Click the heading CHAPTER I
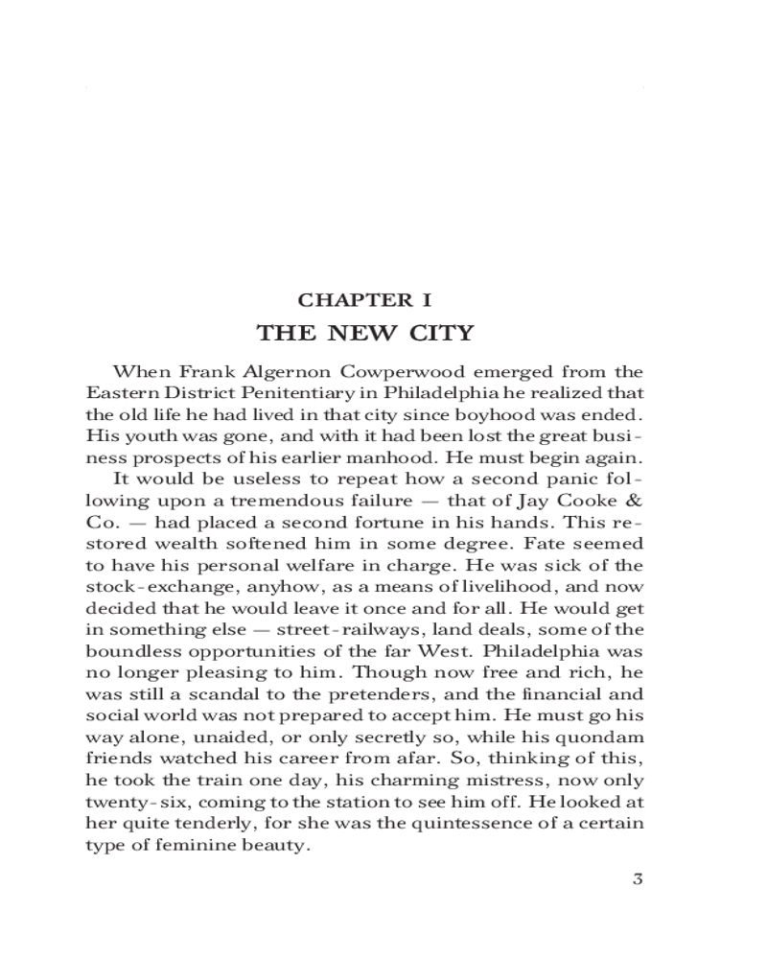[364, 301]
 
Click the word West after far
[458, 651]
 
